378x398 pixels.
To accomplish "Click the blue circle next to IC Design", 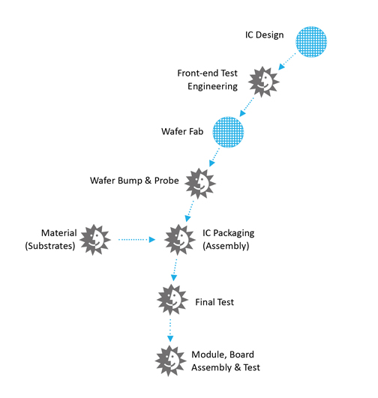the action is (x=311, y=42).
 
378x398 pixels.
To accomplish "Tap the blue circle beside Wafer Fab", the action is (x=228, y=132).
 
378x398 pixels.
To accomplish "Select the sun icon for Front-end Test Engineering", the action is (x=264, y=82).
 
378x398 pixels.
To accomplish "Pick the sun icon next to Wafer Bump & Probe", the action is (x=200, y=184).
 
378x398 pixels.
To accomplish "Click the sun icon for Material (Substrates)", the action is (x=95, y=240).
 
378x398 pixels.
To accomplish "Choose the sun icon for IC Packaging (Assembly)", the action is (x=179, y=240).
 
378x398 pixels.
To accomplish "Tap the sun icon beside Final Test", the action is (x=172, y=300).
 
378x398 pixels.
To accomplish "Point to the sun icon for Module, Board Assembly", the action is (x=170, y=361).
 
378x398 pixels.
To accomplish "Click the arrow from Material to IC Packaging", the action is (x=137, y=239).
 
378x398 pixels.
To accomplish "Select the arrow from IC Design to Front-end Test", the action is (x=286, y=61).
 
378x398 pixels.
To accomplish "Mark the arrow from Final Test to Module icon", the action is (x=170, y=331).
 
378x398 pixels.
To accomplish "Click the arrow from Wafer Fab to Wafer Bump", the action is (x=214, y=157).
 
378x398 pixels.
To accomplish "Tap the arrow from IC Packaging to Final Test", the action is (x=175, y=270).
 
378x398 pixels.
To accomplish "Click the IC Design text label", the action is (x=264, y=35).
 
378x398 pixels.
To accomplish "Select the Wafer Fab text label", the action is (x=182, y=131).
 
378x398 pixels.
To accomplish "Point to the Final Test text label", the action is (x=214, y=302).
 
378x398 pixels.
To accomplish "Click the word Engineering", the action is (x=213, y=86).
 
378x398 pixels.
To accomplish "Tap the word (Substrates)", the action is (x=50, y=246).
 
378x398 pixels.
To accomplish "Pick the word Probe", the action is (x=166, y=181).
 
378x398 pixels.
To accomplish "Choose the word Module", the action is (x=209, y=355).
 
